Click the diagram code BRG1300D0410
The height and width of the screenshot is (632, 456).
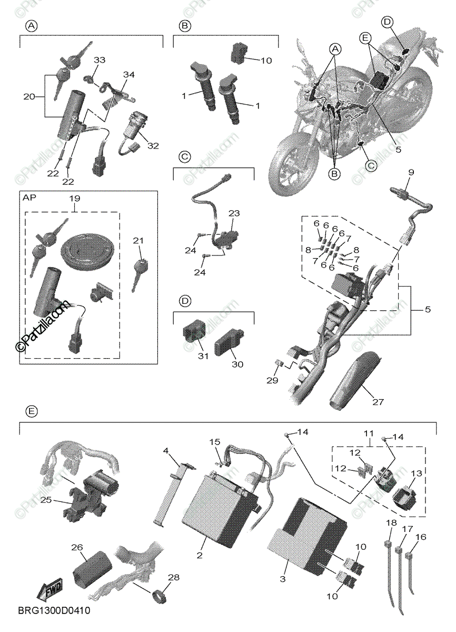point(54,611)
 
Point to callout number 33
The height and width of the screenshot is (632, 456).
point(100,61)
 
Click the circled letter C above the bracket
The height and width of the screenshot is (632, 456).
point(184,156)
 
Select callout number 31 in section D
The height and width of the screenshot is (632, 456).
point(203,357)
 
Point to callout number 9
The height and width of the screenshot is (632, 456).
point(411,172)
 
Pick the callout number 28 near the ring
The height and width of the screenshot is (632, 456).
point(174,578)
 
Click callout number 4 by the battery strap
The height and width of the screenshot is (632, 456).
point(166,451)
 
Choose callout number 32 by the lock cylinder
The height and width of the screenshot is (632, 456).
point(153,145)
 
